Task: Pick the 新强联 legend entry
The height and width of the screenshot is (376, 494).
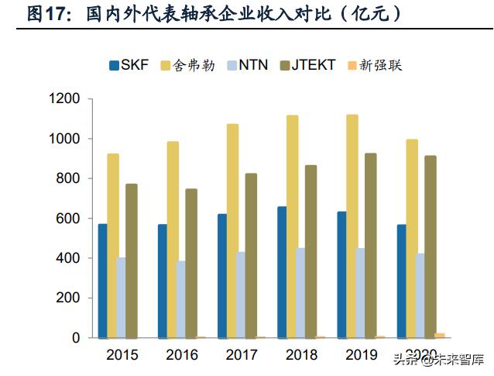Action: [x=375, y=65]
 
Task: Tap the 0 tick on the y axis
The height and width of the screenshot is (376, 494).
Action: [x=76, y=338]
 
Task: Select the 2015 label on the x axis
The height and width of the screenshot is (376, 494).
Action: [x=122, y=355]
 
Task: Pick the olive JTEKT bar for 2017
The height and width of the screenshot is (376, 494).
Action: [x=251, y=256]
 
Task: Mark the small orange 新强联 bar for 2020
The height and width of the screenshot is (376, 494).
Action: [x=440, y=336]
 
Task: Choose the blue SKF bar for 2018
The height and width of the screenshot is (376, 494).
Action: [x=282, y=272]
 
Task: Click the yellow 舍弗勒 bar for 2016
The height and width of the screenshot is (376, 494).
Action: [x=172, y=240]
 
